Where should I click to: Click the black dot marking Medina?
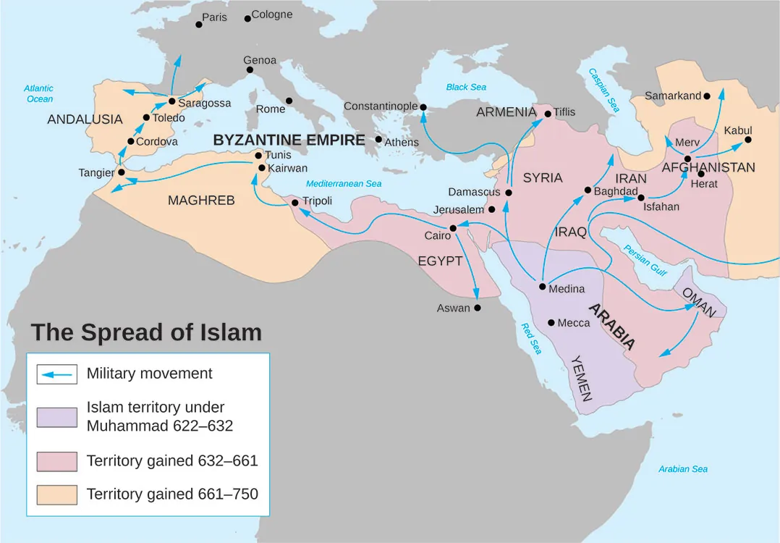click(x=543, y=287)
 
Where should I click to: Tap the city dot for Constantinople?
click(x=424, y=108)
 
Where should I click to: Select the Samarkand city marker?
click(x=707, y=96)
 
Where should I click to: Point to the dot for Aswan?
click(x=477, y=308)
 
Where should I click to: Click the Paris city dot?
click(x=199, y=25)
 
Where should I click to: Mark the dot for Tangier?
click(x=121, y=172)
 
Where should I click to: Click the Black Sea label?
click(x=466, y=87)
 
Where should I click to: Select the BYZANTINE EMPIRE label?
click(x=289, y=140)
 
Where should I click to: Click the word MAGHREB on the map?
click(x=201, y=201)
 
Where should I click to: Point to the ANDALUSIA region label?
click(x=85, y=119)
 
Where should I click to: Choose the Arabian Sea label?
click(x=682, y=469)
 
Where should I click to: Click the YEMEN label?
click(x=582, y=378)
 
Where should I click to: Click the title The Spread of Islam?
click(x=145, y=332)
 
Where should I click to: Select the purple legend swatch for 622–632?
click(x=56, y=418)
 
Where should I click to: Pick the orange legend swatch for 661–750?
click(x=56, y=494)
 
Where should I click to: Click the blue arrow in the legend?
click(x=56, y=374)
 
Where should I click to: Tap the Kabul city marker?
click(x=748, y=140)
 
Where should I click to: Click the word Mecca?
click(x=574, y=323)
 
